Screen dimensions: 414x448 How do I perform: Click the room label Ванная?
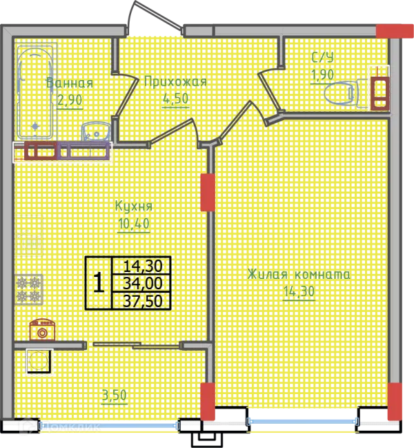[x=70, y=83]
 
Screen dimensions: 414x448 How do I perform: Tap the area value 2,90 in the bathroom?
[x=70, y=100]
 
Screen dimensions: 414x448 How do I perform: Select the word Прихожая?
[x=175, y=81]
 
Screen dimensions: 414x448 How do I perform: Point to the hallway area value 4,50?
[x=175, y=99]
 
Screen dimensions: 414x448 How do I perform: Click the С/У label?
[x=322, y=57]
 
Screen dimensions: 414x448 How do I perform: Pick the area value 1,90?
[x=322, y=75]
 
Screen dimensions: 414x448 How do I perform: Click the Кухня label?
[x=134, y=206]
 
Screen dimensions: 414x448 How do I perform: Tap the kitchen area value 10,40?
[x=134, y=224]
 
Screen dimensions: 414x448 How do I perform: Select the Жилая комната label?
[x=299, y=274]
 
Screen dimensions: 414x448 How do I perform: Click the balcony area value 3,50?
[x=115, y=396]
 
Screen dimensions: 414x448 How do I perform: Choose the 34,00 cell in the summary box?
[x=142, y=284]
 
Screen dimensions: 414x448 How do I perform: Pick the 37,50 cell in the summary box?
[x=142, y=301]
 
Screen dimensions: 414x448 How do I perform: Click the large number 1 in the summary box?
[x=99, y=282]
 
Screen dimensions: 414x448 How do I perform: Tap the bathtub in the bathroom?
[x=35, y=91]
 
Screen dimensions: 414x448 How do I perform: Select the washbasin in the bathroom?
[x=96, y=132]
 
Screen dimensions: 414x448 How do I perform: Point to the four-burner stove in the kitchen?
[x=29, y=290]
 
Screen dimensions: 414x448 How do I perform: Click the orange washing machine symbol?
[x=42, y=330]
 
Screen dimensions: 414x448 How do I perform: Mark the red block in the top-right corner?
[x=395, y=31]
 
